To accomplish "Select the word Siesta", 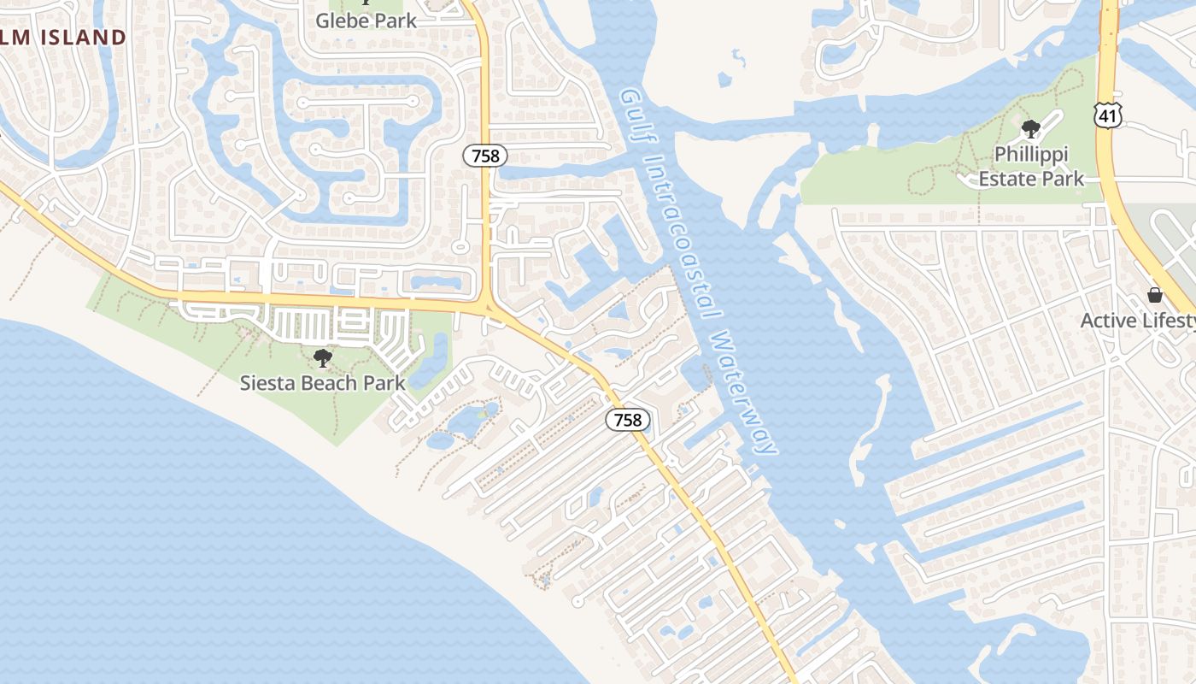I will [x=265, y=382].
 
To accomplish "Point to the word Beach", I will [x=328, y=382].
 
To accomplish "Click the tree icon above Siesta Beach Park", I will [x=322, y=357].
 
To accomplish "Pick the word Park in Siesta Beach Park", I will [x=384, y=382].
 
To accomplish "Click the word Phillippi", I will [x=1031, y=155].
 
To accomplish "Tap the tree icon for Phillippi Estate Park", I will [x=1031, y=129].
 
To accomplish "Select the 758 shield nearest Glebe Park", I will [x=485, y=156].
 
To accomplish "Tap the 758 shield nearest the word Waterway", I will [x=628, y=420].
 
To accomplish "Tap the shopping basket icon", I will [x=1155, y=295].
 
